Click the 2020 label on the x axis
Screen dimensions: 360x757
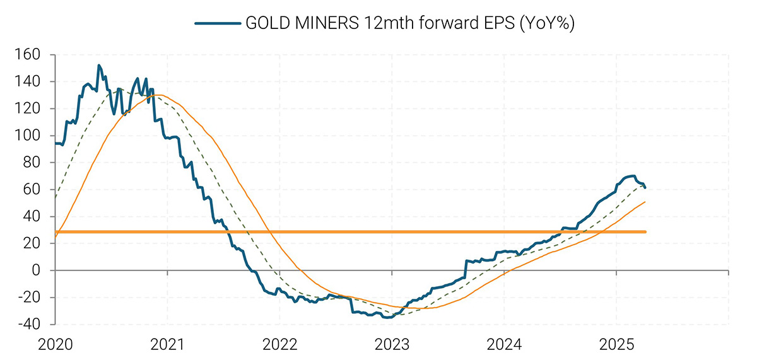pos(56,344)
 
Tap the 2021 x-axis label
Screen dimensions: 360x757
pos(168,344)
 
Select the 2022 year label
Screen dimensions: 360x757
pos(279,344)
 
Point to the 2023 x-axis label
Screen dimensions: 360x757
pos(392,344)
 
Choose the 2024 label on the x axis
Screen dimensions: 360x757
pos(504,344)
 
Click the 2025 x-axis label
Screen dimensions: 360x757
pos(616,344)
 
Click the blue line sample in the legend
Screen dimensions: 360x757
pos(217,23)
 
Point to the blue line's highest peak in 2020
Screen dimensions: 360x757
pos(99,65)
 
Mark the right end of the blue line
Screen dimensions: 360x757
pos(645,187)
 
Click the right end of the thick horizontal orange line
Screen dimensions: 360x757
pos(645,232)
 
